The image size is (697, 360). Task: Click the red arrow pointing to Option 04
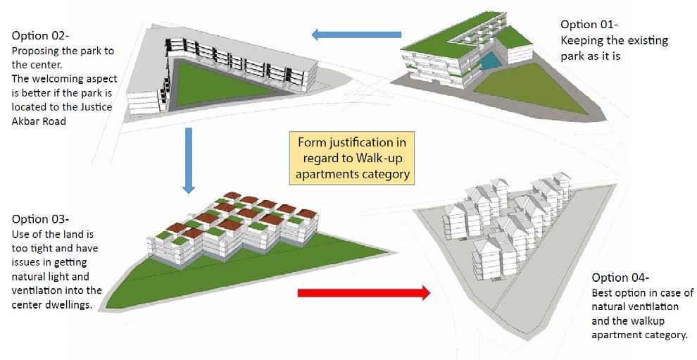pyautogui.click(x=363, y=292)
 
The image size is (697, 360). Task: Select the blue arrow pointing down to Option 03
pyautogui.click(x=188, y=159)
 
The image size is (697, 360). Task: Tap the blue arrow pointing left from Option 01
pyautogui.click(x=356, y=34)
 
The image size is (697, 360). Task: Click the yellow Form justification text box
pyautogui.click(x=351, y=156)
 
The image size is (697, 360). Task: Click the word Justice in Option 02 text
pyautogui.click(x=98, y=106)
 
